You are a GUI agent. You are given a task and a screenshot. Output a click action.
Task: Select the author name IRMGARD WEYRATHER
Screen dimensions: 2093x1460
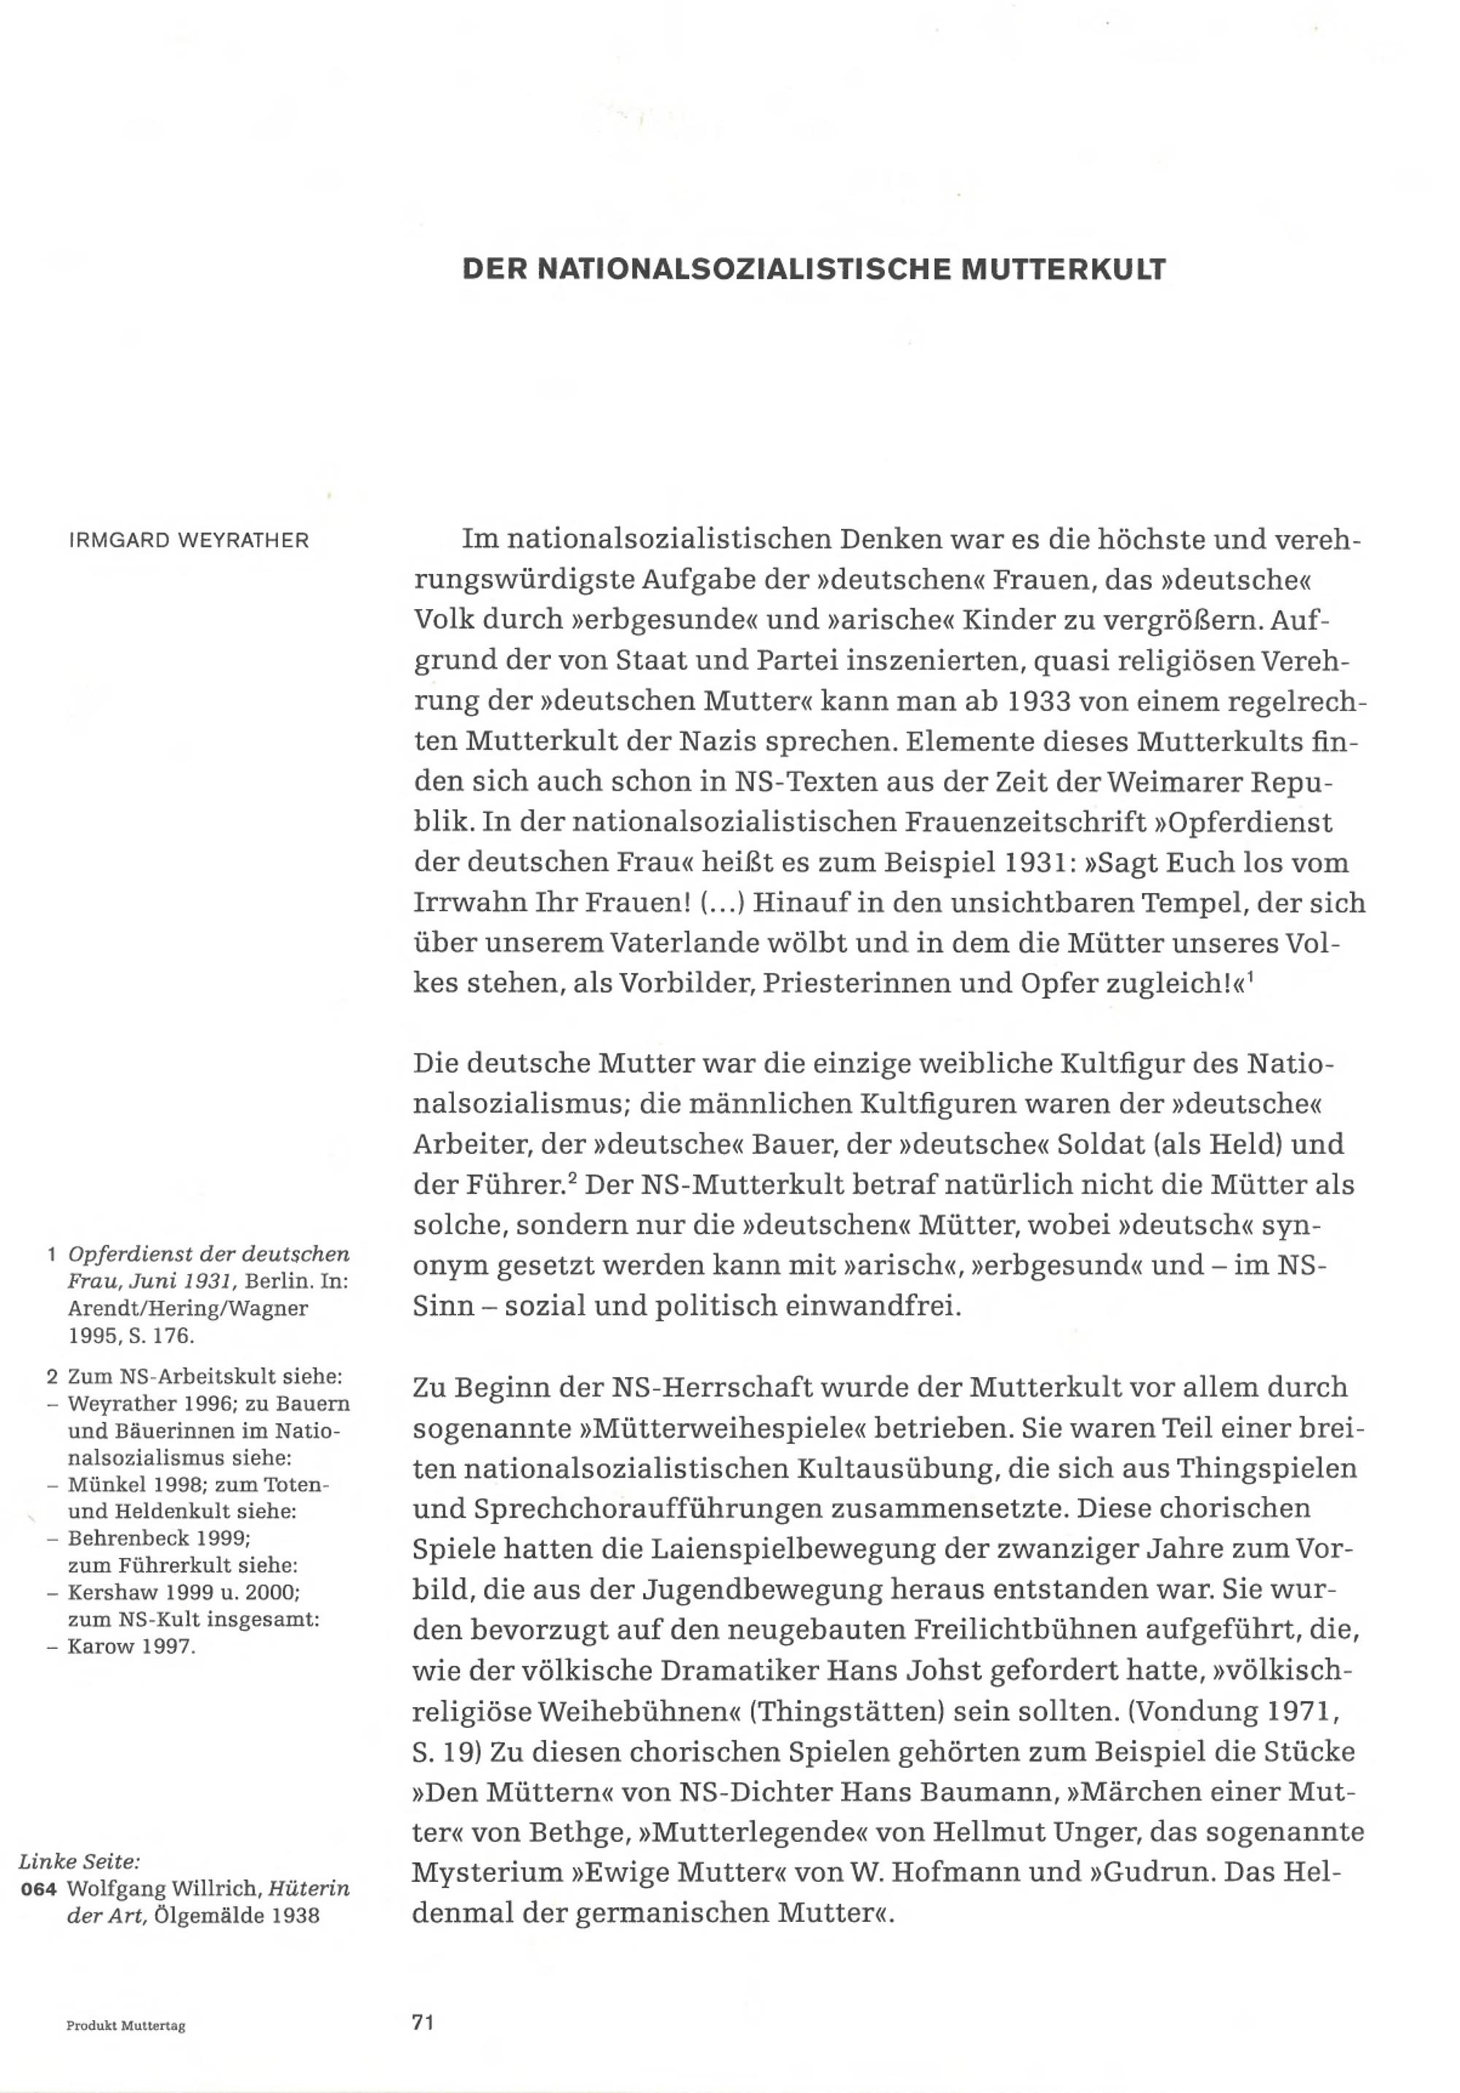[x=188, y=540]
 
